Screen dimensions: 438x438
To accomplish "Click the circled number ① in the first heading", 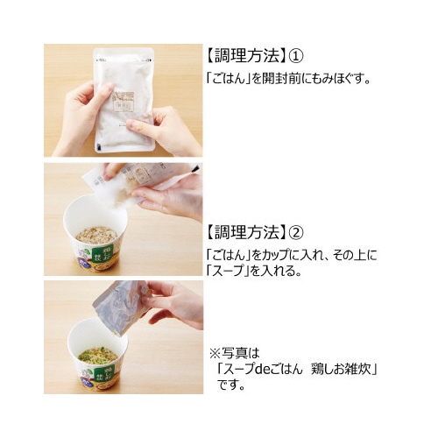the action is pyautogui.click(x=296, y=55).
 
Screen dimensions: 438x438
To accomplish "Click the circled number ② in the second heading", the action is pyautogui.click(x=296, y=232).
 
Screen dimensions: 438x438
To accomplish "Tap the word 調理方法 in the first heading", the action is pyautogui.click(x=247, y=55).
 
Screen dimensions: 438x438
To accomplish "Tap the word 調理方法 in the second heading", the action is pyautogui.click(x=247, y=232).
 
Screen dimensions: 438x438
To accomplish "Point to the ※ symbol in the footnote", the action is pyautogui.click(x=215, y=354).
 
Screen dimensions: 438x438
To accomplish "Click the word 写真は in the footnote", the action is pyautogui.click(x=241, y=354).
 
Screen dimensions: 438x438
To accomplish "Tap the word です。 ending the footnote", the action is pyautogui.click(x=230, y=385).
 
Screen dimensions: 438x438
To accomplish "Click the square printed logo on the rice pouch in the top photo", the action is pyautogui.click(x=124, y=102).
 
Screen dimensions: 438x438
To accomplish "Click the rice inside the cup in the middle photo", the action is pyautogui.click(x=96, y=235).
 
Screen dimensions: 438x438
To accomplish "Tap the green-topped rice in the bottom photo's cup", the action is pyautogui.click(x=98, y=356).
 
